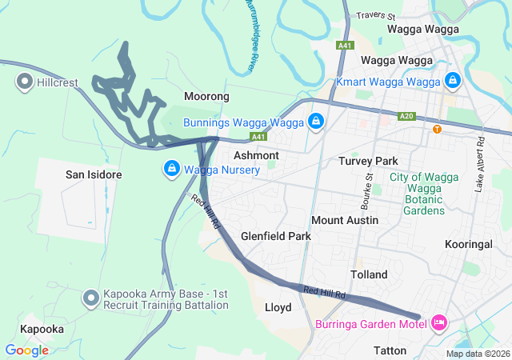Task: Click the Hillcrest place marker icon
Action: (x=24, y=82)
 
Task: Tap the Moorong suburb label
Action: (x=206, y=97)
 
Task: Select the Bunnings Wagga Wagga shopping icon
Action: (x=316, y=122)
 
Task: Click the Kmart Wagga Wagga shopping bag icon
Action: (x=453, y=82)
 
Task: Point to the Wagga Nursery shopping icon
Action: (x=171, y=170)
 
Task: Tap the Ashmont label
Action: (x=256, y=155)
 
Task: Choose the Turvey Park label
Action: (x=368, y=161)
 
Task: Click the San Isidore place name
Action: (x=93, y=174)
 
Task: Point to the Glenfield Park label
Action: (x=276, y=237)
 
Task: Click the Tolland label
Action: (x=368, y=274)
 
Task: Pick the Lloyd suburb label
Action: (x=278, y=307)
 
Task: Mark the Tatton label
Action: (x=391, y=350)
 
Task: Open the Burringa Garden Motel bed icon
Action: (x=438, y=323)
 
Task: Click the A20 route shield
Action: (x=407, y=117)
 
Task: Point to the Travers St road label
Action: (x=377, y=15)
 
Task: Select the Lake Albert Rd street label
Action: (x=480, y=164)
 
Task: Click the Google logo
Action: (x=26, y=350)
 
